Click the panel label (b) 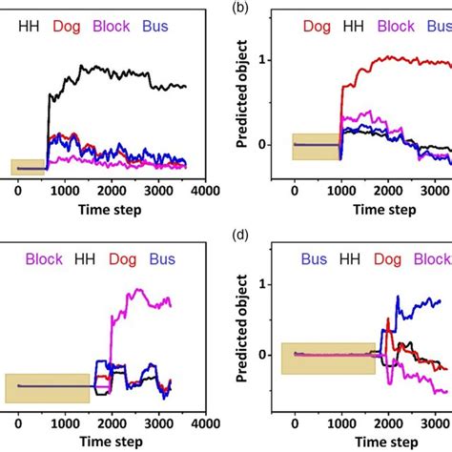point(244,8)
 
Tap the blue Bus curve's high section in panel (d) point(424,304)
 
